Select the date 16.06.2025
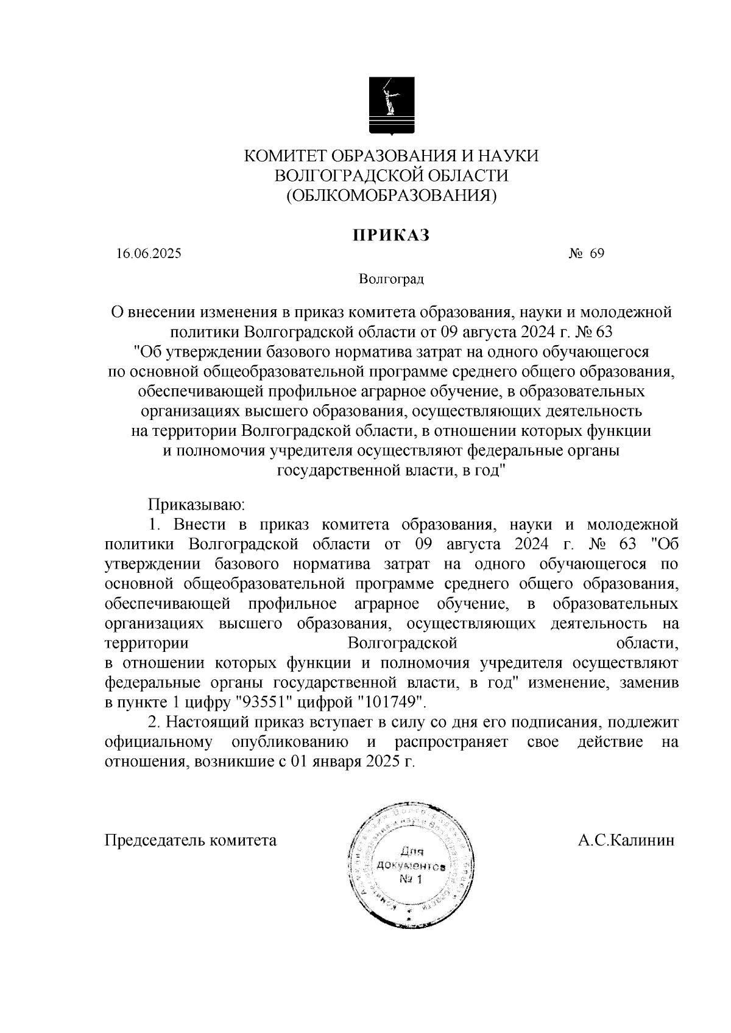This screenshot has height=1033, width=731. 149,254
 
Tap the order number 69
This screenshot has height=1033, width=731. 597,254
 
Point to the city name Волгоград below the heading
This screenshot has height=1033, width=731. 391,280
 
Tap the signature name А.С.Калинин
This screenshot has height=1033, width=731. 626,841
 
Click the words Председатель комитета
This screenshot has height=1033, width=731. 191,841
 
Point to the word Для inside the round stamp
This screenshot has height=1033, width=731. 411,852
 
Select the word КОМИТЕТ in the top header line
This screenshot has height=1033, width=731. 280,156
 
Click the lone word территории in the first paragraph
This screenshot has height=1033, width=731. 146,643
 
